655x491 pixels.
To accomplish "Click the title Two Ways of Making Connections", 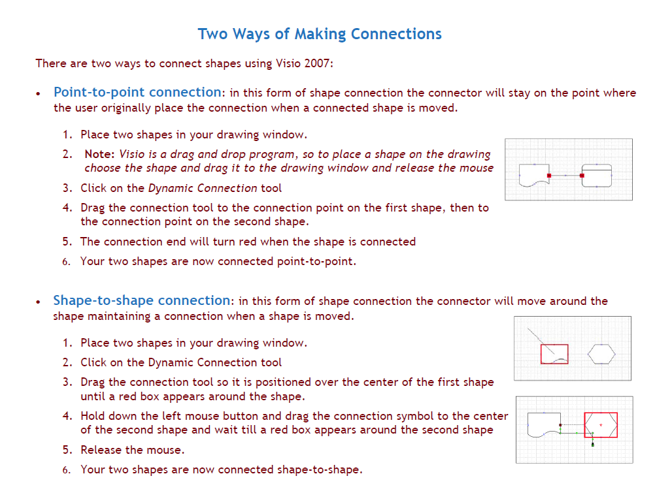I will point(320,34).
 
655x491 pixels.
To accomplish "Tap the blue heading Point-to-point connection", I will point(137,92).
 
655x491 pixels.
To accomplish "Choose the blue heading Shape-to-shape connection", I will point(142,300).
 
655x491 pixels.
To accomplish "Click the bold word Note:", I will point(100,154).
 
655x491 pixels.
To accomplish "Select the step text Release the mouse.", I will point(133,450).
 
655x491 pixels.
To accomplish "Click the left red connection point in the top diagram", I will point(549,176).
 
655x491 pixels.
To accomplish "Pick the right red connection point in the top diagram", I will point(581,176).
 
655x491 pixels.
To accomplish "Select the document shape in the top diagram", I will point(533,175).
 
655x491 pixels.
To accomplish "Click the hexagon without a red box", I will point(601,354).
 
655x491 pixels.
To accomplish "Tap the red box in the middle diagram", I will point(554,354).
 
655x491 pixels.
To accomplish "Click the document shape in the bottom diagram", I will point(543,425).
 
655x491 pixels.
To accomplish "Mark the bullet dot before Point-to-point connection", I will point(40,93).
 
